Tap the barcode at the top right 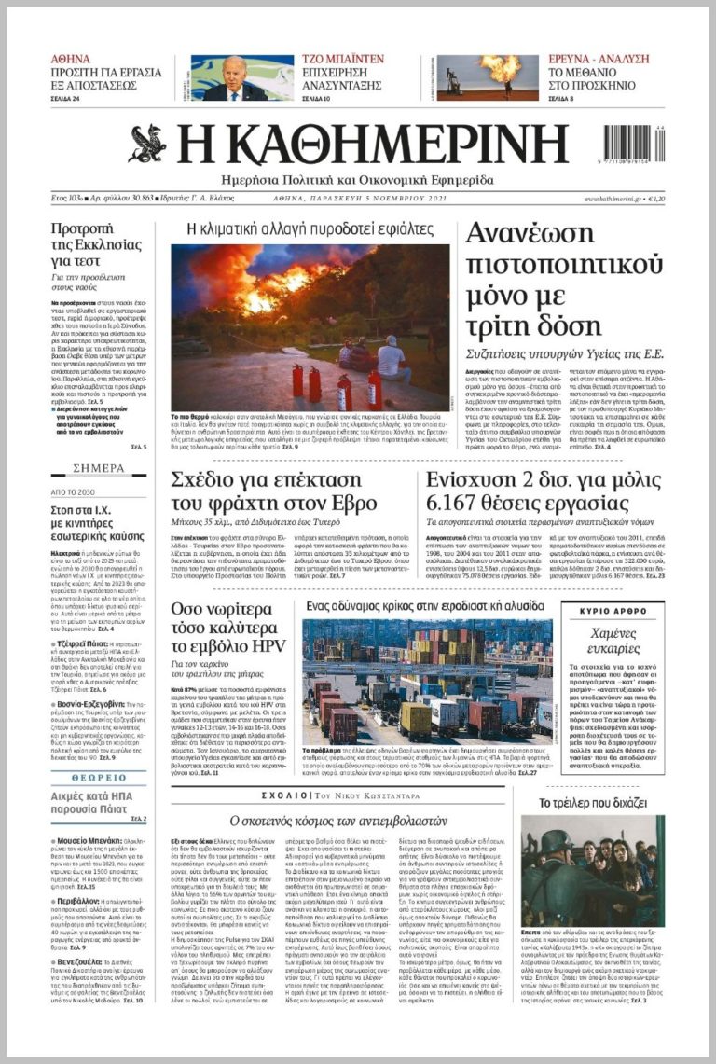coord(633,147)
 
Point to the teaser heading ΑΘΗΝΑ coord(71,59)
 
